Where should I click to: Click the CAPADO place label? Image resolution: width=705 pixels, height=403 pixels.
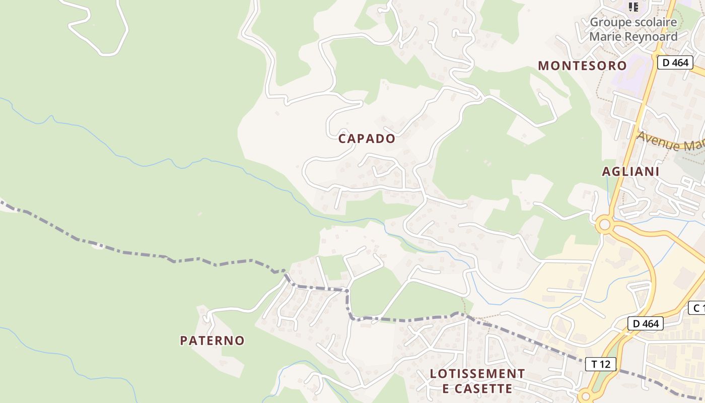pyautogui.click(x=367, y=139)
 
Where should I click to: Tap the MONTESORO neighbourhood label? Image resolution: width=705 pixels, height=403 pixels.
pyautogui.click(x=582, y=65)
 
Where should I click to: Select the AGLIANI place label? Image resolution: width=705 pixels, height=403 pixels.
pyautogui.click(x=630, y=171)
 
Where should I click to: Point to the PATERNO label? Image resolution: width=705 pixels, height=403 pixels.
pyautogui.click(x=212, y=341)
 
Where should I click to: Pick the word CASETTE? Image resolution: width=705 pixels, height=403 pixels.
pyautogui.click(x=483, y=388)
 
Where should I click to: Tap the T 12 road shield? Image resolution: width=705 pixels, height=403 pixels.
pyautogui.click(x=601, y=364)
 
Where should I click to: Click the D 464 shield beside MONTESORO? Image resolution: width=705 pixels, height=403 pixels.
pyautogui.click(x=675, y=62)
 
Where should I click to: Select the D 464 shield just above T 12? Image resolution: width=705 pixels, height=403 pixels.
pyautogui.click(x=645, y=323)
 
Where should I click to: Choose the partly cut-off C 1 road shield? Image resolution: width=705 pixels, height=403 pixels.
pyautogui.click(x=697, y=308)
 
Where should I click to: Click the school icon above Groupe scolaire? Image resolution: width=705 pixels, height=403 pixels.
pyautogui.click(x=633, y=7)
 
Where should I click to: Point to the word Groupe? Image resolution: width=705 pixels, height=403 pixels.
pyautogui.click(x=611, y=23)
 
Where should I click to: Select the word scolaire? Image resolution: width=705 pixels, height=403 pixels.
pyautogui.click(x=656, y=23)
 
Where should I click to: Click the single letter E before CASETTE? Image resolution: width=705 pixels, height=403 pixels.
pyautogui.click(x=446, y=388)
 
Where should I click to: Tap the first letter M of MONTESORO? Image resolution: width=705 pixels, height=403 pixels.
pyautogui.click(x=543, y=65)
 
